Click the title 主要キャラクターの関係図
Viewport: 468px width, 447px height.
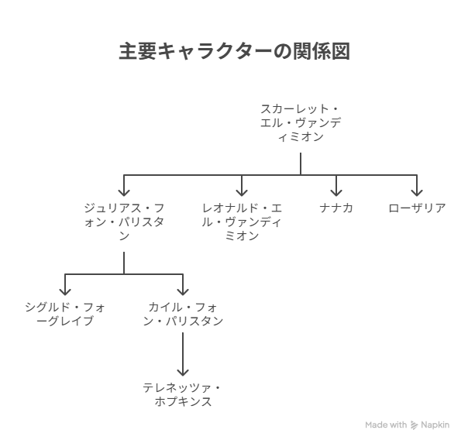[234, 53]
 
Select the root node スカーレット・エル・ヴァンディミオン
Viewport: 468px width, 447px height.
[300, 124]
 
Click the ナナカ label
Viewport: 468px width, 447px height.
[336, 208]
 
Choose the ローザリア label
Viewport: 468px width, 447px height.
[417, 208]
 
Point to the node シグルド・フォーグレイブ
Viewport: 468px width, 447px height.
[65, 314]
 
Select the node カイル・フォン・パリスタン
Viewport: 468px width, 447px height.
[183, 314]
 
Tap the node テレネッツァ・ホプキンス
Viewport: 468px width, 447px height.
[183, 394]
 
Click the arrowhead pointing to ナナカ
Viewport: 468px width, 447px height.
[336, 191]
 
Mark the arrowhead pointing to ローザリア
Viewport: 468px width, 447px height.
[417, 191]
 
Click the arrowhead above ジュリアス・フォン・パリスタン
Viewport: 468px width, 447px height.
[124, 191]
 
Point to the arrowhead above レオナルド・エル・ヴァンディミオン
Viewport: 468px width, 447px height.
[242, 191]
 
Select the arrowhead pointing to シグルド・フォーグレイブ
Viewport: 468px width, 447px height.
[65, 291]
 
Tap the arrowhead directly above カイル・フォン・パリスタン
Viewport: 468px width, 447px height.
[183, 291]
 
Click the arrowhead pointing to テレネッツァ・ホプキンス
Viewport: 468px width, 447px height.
[183, 371]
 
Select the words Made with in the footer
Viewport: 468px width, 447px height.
[386, 425]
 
